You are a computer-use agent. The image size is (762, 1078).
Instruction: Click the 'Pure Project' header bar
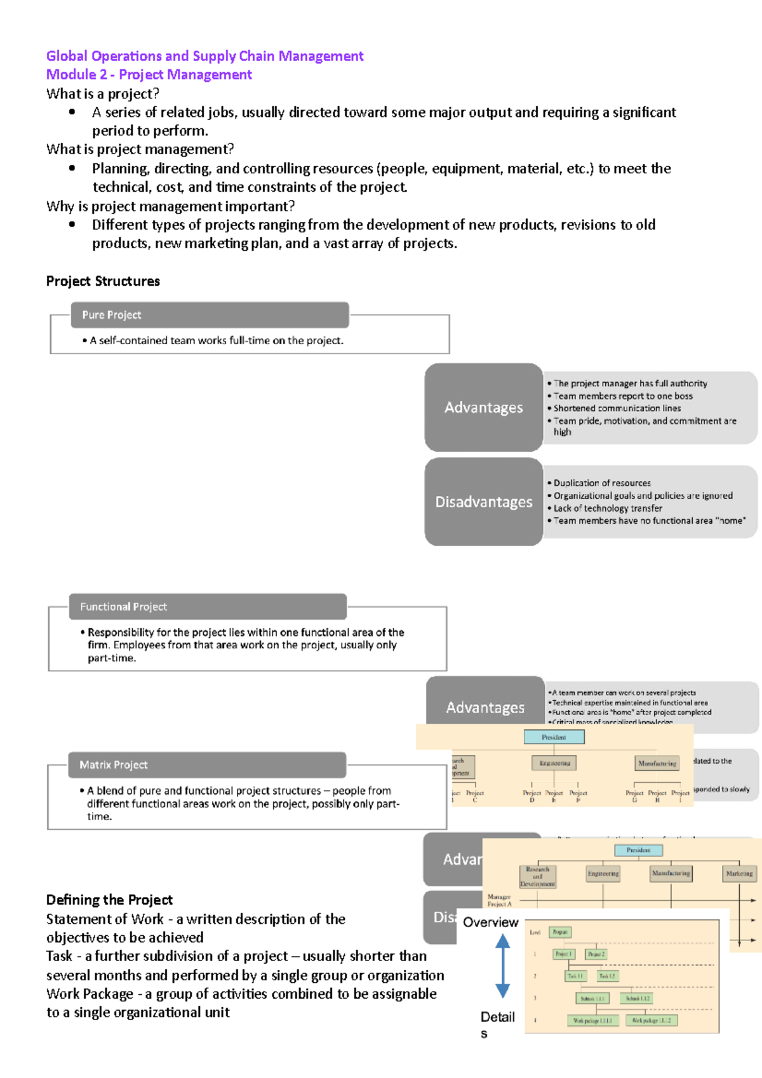tap(209, 315)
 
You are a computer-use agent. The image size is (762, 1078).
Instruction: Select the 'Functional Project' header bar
tap(208, 607)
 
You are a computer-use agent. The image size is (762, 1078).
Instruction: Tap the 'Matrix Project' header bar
tap(207, 765)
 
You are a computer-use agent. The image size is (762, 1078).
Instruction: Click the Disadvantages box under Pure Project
tap(484, 502)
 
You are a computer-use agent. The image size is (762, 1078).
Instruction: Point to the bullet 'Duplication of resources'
tap(601, 483)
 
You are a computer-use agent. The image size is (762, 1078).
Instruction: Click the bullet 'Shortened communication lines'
tap(617, 408)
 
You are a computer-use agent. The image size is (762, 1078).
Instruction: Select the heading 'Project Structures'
tap(103, 281)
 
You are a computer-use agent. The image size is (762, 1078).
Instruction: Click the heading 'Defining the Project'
tap(109, 900)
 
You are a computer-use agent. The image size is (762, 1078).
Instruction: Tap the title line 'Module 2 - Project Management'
tap(149, 75)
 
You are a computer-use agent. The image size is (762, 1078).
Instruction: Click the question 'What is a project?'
tap(103, 94)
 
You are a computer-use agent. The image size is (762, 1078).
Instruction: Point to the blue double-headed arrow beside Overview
tap(502, 967)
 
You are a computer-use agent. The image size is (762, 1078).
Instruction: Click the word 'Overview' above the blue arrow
tap(490, 922)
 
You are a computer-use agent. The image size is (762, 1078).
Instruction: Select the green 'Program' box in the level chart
tap(560, 932)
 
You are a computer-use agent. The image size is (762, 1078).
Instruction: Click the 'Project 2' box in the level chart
tap(596, 954)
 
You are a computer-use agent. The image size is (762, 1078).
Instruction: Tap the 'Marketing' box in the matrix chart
tap(739, 874)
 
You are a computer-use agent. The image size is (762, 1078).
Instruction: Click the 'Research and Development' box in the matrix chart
tap(538, 877)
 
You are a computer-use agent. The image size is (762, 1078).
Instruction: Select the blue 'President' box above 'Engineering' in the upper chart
tap(554, 737)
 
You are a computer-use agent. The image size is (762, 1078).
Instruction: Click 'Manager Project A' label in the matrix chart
tap(499, 900)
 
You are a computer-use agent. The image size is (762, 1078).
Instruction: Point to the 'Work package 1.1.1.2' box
tap(652, 1020)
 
